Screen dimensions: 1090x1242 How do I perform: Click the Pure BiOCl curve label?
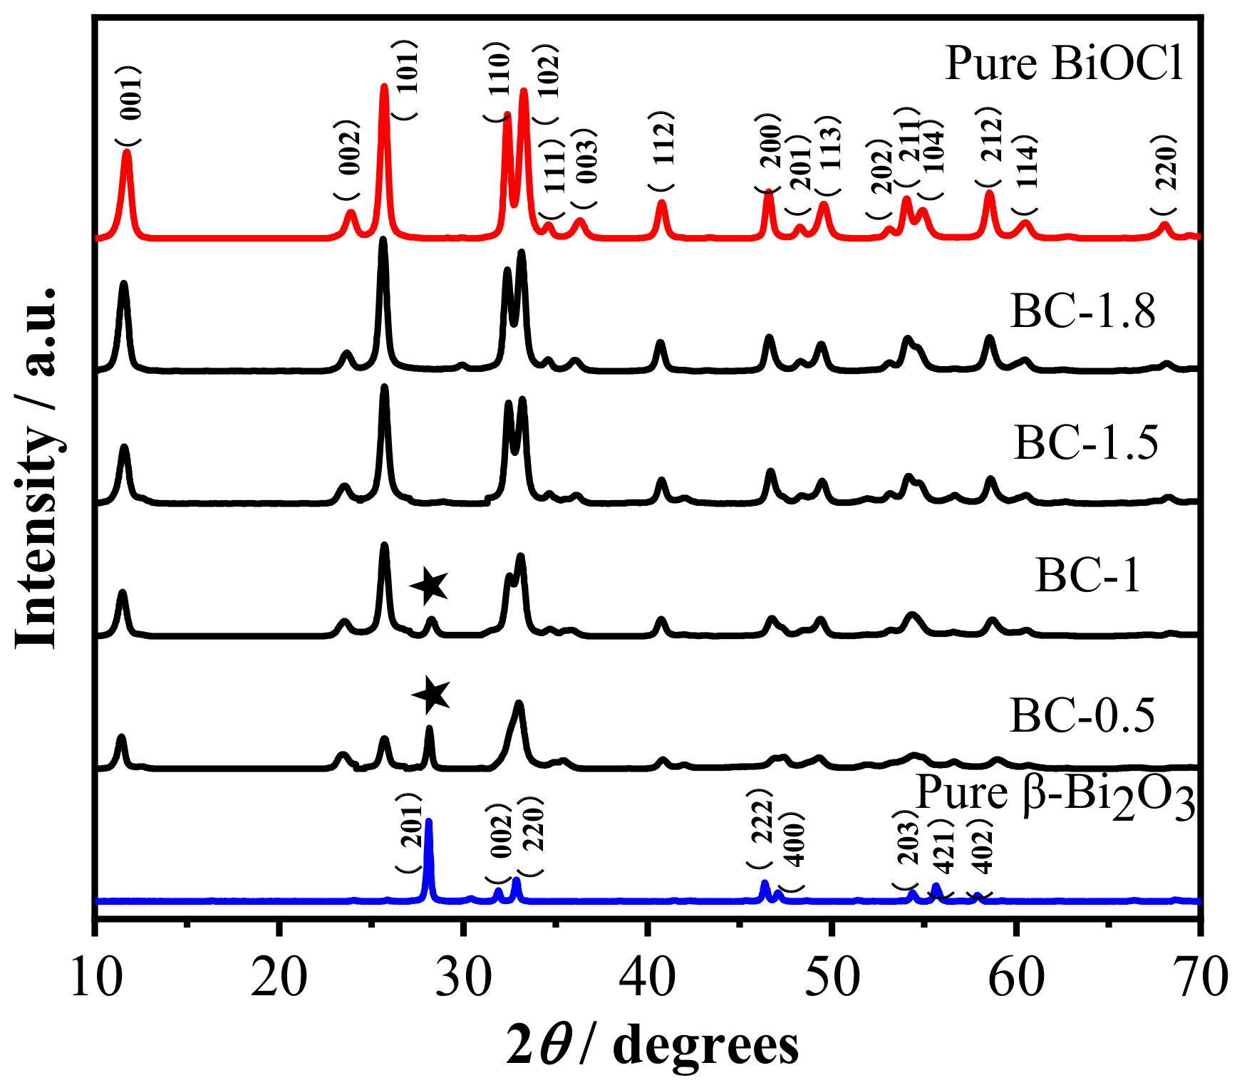pyautogui.click(x=1063, y=64)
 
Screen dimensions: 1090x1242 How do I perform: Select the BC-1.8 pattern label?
pyautogui.click(x=1082, y=311)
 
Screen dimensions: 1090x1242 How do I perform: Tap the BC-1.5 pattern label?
pyautogui.click(x=1085, y=442)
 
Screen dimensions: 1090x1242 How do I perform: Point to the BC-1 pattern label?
pyautogui.click(x=1087, y=576)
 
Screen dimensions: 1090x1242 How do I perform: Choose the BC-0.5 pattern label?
pyautogui.click(x=1082, y=715)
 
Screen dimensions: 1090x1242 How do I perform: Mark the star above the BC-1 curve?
pyautogui.click(x=429, y=586)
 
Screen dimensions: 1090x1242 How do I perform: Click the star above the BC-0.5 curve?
pyautogui.click(x=431, y=695)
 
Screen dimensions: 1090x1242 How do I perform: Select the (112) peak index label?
pyautogui.click(x=662, y=151)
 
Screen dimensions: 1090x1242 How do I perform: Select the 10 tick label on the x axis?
pyautogui.click(x=95, y=977)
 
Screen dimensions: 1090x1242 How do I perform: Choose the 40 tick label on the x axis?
pyautogui.click(x=647, y=977)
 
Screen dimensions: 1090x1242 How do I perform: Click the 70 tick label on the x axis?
pyautogui.click(x=1199, y=977)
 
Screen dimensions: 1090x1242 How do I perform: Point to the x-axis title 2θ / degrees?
pyautogui.click(x=652, y=1045)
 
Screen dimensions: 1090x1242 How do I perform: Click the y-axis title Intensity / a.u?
pyautogui.click(x=36, y=467)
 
